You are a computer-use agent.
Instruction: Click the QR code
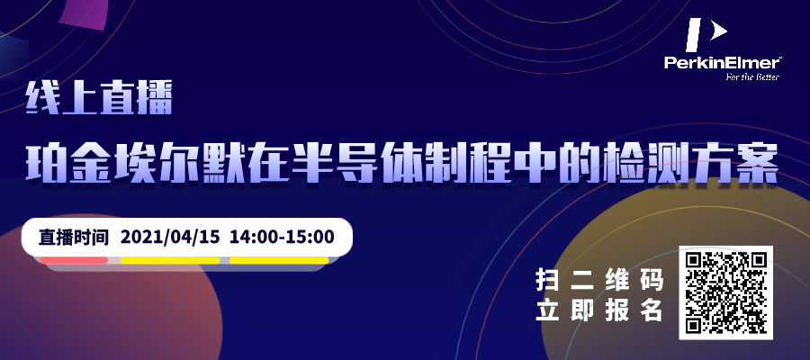coord(725,292)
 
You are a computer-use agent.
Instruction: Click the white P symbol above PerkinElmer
coord(706,34)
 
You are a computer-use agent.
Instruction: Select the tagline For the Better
coord(752,77)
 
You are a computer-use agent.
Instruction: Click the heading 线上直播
coord(99,100)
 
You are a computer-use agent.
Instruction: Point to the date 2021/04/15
coord(170,237)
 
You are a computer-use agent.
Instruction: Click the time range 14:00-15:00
coord(282,237)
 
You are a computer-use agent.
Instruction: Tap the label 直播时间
coord(75,237)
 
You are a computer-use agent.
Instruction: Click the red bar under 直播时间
coord(75,260)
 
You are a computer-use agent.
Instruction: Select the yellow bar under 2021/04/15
coord(170,260)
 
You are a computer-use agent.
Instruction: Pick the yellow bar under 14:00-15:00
coord(279,260)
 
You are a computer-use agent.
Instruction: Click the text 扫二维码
coord(598,281)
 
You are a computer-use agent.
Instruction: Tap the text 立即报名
coord(598,310)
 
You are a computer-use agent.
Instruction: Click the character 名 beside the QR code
coord(652,310)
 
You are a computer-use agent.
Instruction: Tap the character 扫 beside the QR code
coord(546,281)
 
